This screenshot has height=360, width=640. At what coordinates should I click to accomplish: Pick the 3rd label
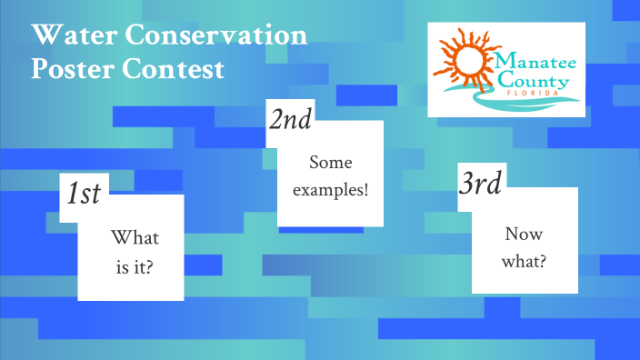480,185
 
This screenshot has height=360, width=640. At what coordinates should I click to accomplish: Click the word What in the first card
135,238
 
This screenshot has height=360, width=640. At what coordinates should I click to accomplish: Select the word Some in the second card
329,164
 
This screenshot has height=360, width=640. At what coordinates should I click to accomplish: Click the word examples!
330,191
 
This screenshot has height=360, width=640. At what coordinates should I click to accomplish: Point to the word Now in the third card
525,234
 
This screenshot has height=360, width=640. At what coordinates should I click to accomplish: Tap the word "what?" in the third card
525,262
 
